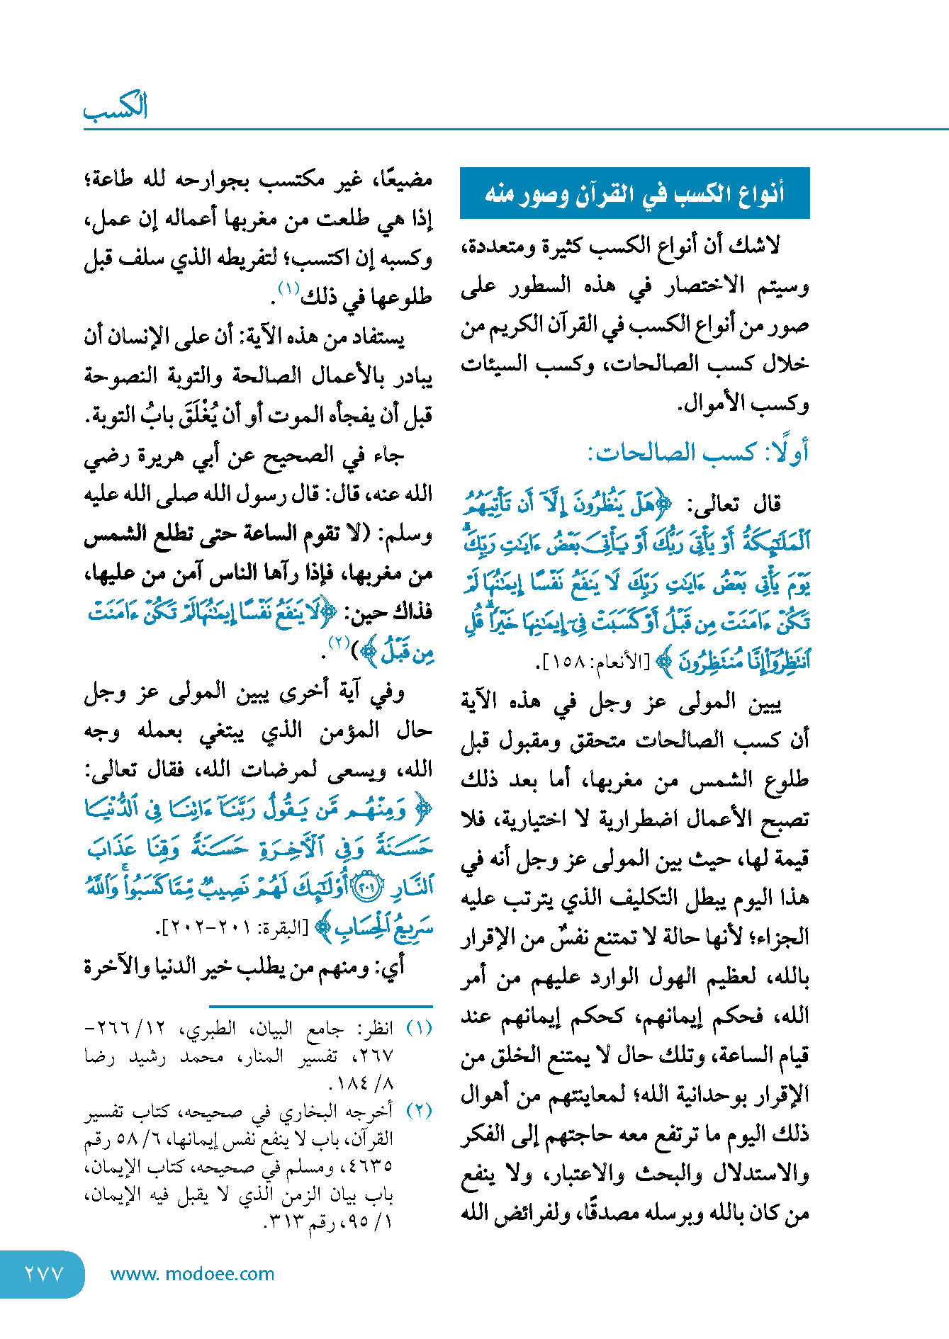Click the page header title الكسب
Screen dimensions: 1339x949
(116, 107)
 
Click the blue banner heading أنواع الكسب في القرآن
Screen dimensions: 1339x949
(634, 193)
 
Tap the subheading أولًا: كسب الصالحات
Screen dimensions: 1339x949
(698, 452)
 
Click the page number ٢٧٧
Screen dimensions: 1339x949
(44, 1274)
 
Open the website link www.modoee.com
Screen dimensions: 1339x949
(192, 1274)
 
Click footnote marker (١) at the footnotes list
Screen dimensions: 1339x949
(419, 1028)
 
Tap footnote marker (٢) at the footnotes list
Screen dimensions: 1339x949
(419, 1110)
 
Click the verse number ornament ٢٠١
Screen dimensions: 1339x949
(367, 888)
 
